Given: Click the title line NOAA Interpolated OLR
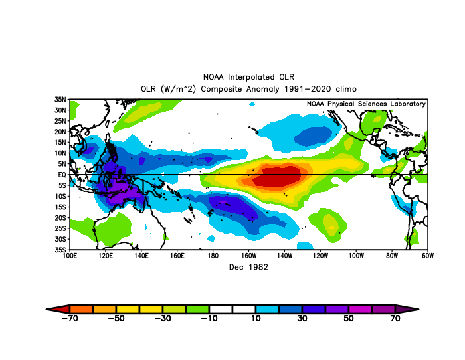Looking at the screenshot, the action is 248,77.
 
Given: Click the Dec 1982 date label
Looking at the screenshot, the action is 248,267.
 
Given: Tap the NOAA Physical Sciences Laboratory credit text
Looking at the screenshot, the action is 366,104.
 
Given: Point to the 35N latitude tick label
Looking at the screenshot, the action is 60,100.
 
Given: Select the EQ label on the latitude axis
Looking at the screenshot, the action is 62,175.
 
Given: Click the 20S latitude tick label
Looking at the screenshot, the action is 60,218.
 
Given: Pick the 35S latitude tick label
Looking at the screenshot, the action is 60,250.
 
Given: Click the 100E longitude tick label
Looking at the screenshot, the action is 70,256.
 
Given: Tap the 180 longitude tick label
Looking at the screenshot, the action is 213,256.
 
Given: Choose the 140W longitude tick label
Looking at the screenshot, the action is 284,256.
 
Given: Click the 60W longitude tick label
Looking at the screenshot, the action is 428,256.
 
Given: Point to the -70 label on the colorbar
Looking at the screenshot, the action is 70,318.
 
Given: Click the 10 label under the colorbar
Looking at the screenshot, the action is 256,318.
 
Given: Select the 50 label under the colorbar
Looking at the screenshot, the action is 349,318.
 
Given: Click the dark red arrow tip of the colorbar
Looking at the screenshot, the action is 47,309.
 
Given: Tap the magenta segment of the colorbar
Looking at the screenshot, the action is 360,309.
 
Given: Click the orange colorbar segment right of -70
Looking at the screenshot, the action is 81,309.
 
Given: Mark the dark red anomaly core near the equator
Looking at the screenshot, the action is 276,176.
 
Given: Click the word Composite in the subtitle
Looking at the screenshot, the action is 222,89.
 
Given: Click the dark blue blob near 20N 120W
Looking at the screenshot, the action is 313,136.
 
